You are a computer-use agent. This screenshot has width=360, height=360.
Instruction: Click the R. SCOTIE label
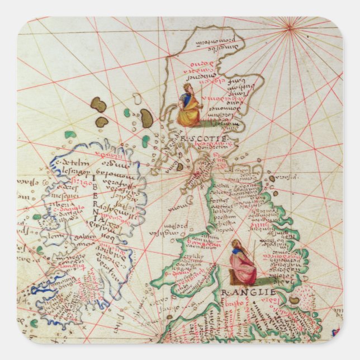coord(202,138)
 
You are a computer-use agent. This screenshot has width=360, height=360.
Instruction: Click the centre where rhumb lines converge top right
coord(290,23)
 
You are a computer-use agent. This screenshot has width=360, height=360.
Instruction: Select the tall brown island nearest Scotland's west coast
coord(146,117)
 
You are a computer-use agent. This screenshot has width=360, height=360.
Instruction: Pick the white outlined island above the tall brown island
coord(136,99)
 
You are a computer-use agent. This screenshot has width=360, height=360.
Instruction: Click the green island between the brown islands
coord(127,113)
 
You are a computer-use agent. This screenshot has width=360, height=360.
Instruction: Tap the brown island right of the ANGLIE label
coord(294,300)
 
